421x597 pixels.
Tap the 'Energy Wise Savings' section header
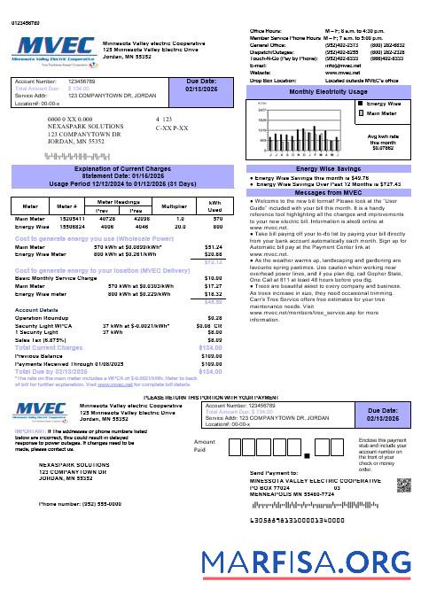[x=328, y=168]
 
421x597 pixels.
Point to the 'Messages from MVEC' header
[x=328, y=192]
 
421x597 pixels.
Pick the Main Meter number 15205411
[x=74, y=218]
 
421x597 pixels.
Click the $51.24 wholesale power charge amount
[x=214, y=247]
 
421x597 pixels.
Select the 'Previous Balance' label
[x=35, y=355]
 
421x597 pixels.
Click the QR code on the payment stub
[x=404, y=483]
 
